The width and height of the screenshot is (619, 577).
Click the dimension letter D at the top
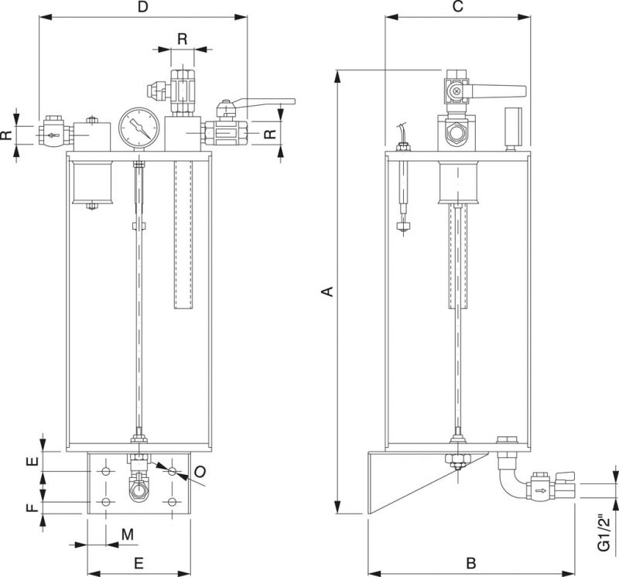(x=142, y=7)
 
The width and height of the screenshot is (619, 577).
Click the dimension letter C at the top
(x=457, y=7)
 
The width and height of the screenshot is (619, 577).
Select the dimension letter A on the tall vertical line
(x=327, y=292)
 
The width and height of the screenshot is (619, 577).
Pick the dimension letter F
(x=32, y=507)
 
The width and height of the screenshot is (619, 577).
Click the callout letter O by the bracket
(x=200, y=471)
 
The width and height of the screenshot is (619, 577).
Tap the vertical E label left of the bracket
(x=32, y=461)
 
